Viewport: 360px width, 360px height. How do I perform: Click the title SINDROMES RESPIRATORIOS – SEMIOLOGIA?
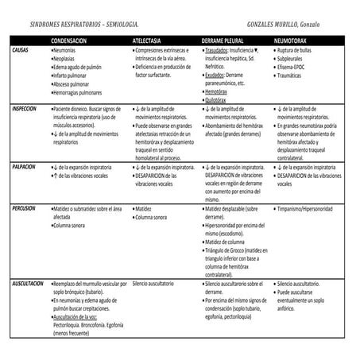pos(75,25)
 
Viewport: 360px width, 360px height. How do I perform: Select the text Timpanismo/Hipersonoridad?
pos(312,207)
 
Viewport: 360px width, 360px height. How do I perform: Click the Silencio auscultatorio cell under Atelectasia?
pos(157,284)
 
